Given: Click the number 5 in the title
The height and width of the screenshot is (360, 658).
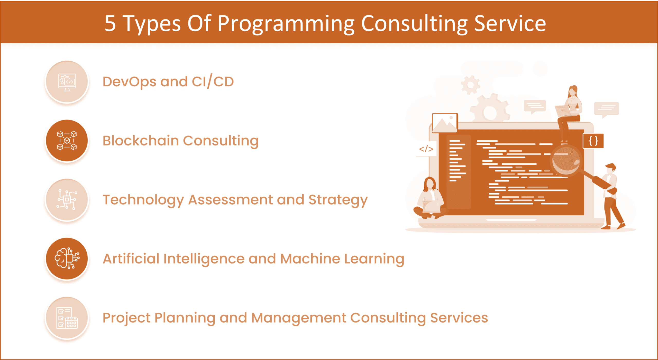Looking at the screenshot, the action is click(x=110, y=23).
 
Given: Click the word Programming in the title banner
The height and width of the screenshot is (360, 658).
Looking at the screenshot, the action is click(x=286, y=25).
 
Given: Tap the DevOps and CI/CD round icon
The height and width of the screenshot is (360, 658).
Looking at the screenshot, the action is click(x=67, y=82).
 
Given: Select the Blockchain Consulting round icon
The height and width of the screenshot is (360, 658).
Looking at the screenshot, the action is click(x=67, y=141).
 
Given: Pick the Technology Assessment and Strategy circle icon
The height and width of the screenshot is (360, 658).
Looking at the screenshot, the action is click(x=67, y=200).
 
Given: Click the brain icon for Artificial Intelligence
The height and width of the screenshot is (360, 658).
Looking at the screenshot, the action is click(x=67, y=259).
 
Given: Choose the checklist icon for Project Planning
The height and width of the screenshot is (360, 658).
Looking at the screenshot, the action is click(x=67, y=318).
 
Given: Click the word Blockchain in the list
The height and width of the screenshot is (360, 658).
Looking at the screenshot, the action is click(x=141, y=141).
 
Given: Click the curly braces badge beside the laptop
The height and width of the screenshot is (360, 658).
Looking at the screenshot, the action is click(x=593, y=141).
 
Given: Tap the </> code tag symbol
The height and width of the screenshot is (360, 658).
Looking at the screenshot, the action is click(x=426, y=149).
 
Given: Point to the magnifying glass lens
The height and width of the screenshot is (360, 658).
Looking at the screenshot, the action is click(x=566, y=161).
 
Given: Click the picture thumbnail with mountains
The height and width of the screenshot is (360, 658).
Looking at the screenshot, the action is click(x=445, y=123).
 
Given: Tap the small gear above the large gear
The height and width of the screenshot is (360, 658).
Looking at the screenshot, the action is click(x=470, y=85).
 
